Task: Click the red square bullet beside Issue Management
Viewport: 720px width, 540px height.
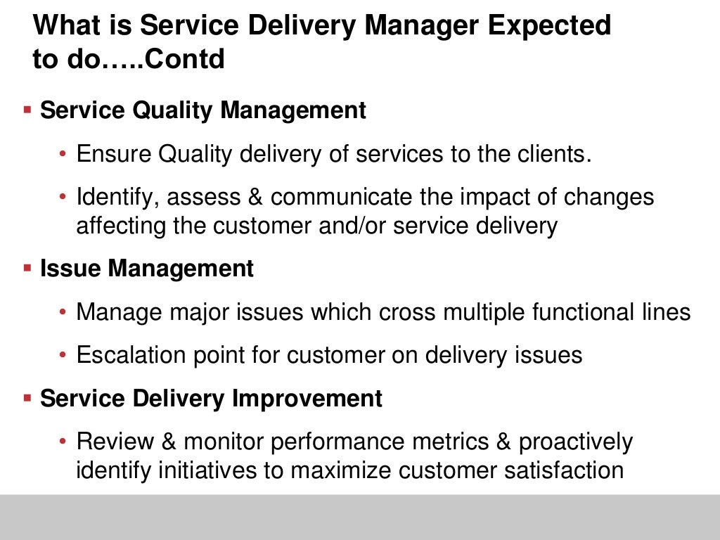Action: pos(27,268)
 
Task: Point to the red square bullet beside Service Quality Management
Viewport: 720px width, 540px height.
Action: pos(27,110)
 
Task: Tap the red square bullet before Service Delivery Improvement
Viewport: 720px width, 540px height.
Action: pos(27,398)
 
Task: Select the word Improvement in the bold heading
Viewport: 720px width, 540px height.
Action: pos(307,399)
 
